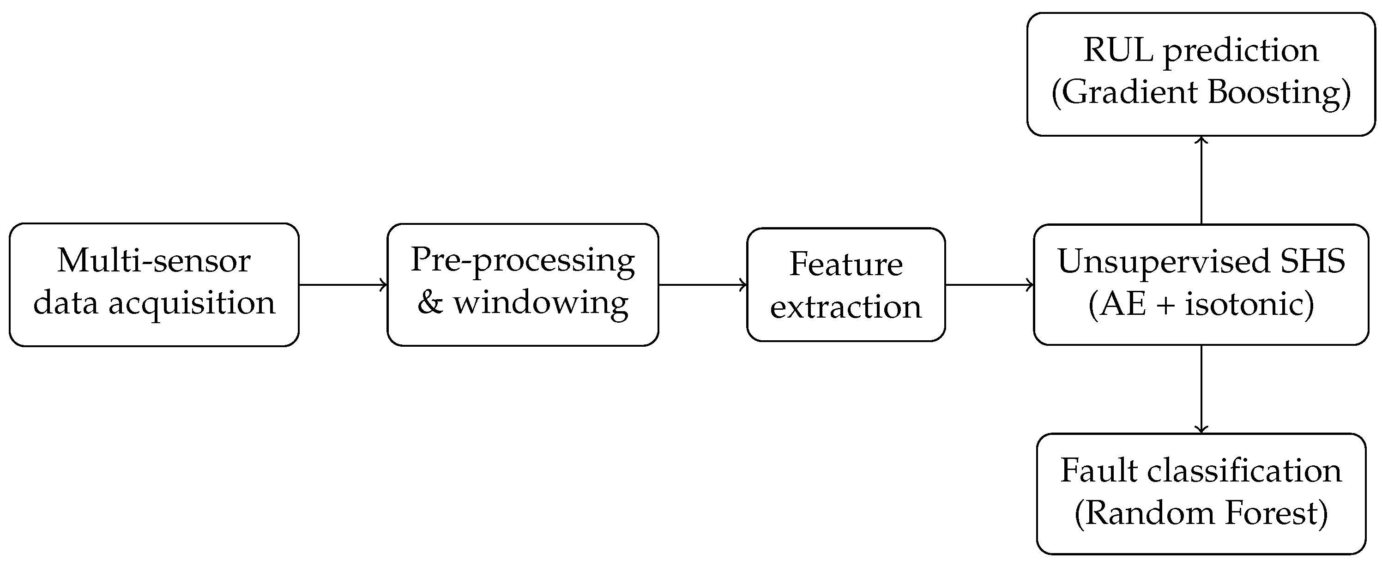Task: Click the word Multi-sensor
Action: [153, 261]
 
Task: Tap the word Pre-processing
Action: [522, 261]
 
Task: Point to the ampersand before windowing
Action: [430, 303]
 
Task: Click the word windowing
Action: [541, 303]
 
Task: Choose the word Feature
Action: [845, 265]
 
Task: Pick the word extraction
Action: [845, 307]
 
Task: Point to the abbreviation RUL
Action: [1118, 50]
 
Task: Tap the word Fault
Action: [1098, 471]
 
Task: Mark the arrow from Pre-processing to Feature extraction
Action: [702, 285]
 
